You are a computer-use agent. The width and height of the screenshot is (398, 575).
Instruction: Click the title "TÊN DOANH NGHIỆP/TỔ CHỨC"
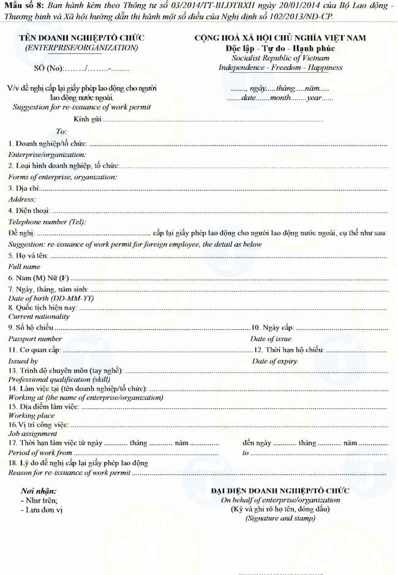click(x=81, y=38)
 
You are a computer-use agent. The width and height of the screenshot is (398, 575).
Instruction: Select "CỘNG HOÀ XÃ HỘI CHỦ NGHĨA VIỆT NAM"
click(x=280, y=38)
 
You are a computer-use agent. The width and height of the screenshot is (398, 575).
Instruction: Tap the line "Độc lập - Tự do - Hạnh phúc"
click(x=280, y=48)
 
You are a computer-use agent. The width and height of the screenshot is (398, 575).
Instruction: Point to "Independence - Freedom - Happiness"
click(x=280, y=67)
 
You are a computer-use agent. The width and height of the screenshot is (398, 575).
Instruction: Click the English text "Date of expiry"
click(x=274, y=361)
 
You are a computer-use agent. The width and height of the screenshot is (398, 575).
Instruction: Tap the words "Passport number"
click(x=35, y=338)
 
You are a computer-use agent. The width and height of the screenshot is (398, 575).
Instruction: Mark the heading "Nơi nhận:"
click(x=39, y=491)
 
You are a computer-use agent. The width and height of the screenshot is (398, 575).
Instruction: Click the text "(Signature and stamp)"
click(x=280, y=518)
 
